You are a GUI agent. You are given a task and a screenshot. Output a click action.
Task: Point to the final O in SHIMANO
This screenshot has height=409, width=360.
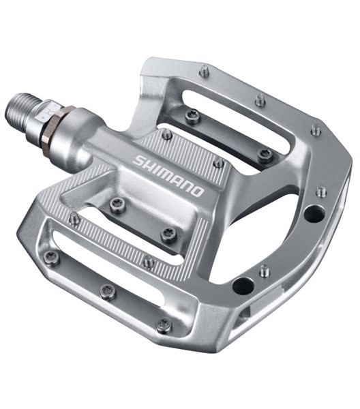tap(197, 191)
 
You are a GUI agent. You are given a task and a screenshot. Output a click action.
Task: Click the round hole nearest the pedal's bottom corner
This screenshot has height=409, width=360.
tap(243, 286)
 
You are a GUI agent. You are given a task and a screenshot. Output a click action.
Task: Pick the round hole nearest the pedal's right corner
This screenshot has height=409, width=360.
tap(314, 213)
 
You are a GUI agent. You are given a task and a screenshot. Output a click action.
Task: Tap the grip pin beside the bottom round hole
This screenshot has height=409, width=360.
tap(264, 271)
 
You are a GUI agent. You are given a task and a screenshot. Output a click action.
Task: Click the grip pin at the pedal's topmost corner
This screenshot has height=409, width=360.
tap(204, 70)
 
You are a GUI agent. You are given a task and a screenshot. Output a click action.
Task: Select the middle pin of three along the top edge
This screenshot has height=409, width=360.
tap(260, 100)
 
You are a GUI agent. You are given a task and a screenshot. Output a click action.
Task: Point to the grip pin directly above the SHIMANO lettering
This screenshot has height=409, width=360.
tap(166, 134)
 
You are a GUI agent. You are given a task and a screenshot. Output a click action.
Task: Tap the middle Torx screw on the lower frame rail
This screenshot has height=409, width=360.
tap(107, 291)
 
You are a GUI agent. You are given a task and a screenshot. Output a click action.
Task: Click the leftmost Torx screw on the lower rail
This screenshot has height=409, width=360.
tap(50, 258)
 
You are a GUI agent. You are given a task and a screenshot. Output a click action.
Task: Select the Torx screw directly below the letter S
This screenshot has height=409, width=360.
tap(118, 204)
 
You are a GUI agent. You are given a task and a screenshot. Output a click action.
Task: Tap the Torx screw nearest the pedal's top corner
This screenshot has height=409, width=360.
tap(193, 116)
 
